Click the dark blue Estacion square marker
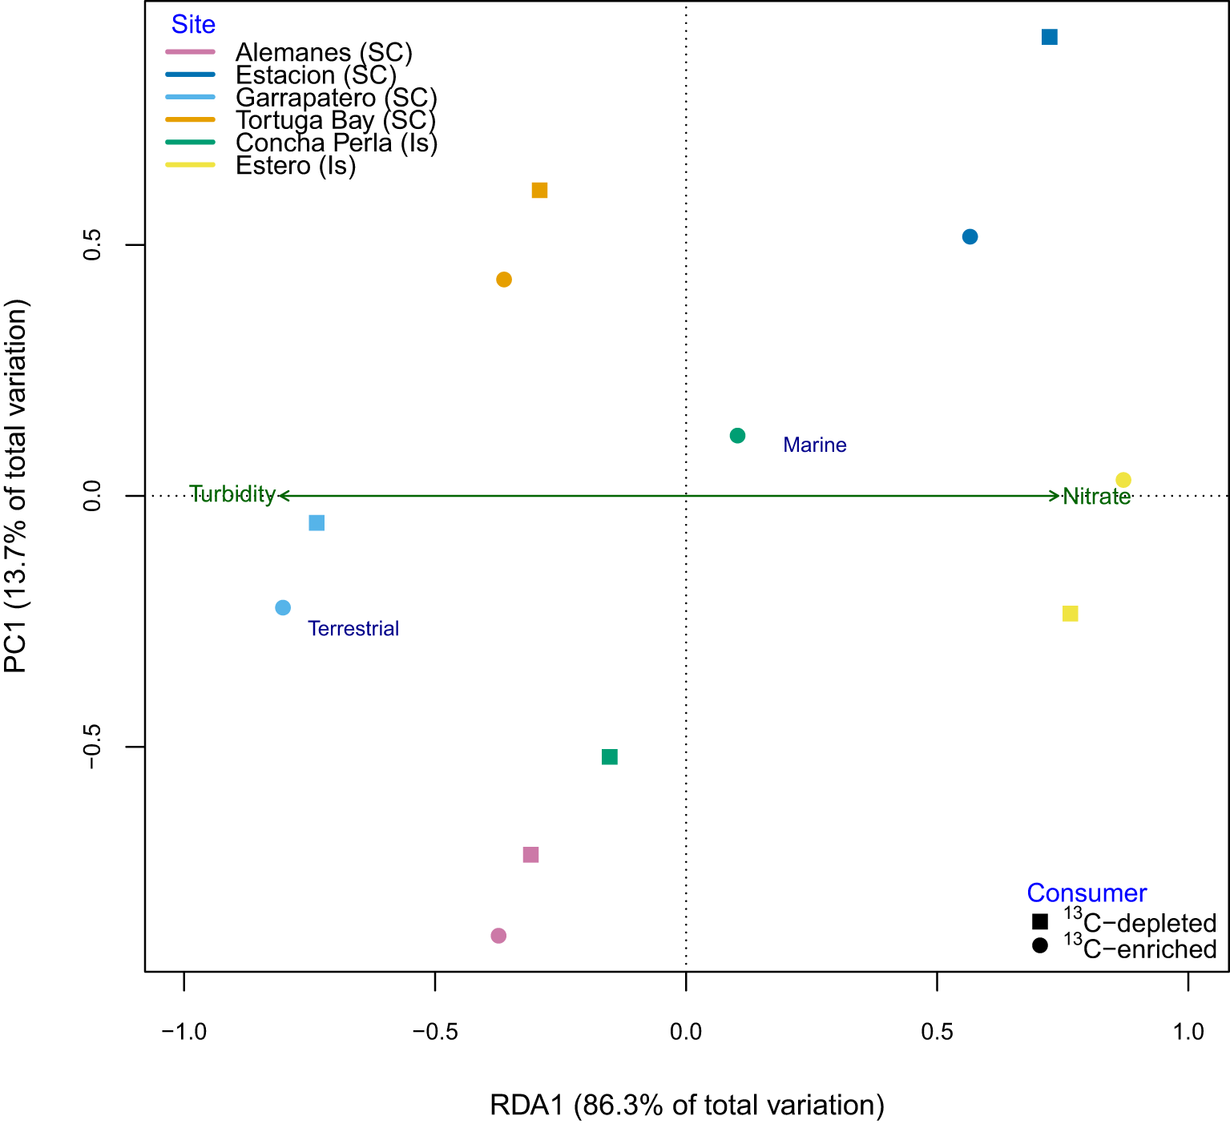[1049, 37]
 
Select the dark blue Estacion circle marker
[970, 237]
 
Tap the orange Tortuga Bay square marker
[539, 191]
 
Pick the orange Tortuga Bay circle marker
[504, 280]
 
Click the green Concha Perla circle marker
[738, 436]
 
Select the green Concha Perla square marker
[610, 757]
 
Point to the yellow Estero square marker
[1070, 614]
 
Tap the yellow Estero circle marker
[1123, 480]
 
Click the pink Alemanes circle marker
[498, 936]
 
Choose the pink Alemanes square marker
[530, 855]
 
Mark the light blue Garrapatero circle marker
[283, 608]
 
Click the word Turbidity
[232, 494]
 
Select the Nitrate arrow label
[1096, 497]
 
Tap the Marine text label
[814, 445]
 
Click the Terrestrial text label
[353, 629]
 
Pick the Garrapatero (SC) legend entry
[336, 98]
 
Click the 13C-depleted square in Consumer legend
[1040, 922]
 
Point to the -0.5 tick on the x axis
[435, 1031]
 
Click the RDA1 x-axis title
[687, 1105]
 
